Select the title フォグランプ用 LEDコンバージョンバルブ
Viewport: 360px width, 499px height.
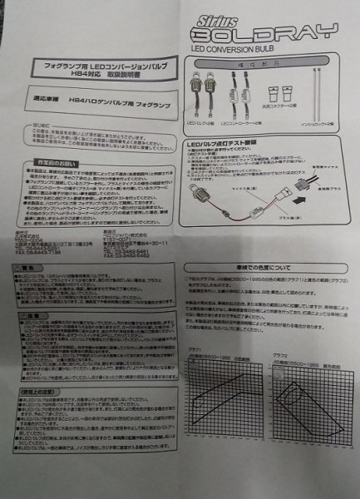click(94, 63)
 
